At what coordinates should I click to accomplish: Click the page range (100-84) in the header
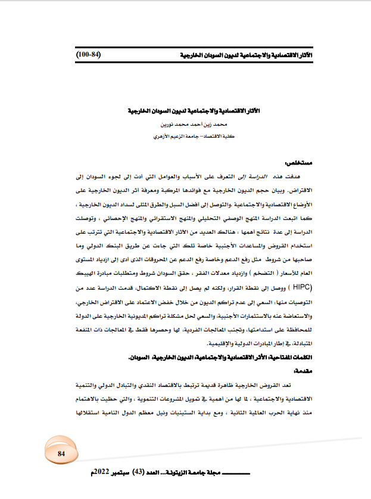pyautogui.click(x=89, y=54)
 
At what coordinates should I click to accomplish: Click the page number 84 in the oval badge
pyautogui.click(x=61, y=454)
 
